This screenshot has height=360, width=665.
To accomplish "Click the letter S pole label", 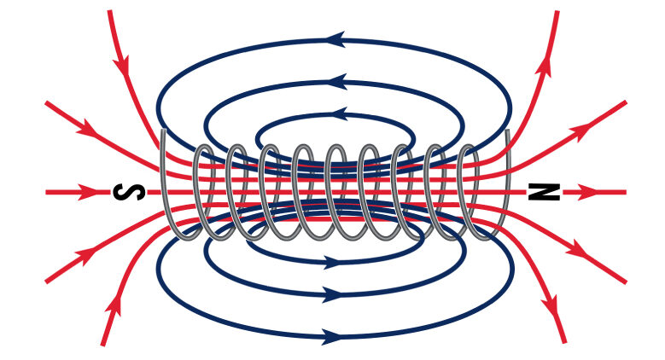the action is pyautogui.click(x=129, y=193).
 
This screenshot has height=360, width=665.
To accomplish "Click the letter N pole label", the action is pyautogui.click(x=544, y=192).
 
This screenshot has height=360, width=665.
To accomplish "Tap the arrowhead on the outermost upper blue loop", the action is pyautogui.click(x=335, y=39).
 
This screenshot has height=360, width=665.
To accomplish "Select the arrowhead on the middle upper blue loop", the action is pyautogui.click(x=337, y=81).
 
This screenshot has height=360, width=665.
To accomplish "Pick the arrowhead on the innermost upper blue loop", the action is pyautogui.click(x=338, y=114).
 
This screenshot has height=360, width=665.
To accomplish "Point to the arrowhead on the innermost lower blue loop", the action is pyautogui.click(x=333, y=262).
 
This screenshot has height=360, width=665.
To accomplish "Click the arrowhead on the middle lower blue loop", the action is pyautogui.click(x=332, y=293).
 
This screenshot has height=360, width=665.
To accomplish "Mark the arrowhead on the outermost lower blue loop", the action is pyautogui.click(x=332, y=336).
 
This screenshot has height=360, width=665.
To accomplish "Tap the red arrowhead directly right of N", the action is pyautogui.click(x=587, y=192).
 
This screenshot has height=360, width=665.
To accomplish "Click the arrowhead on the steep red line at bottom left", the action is pyautogui.click(x=114, y=306).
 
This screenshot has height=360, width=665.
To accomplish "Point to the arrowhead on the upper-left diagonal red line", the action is pyautogui.click(x=87, y=128).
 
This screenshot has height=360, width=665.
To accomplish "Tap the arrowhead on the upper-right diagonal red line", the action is pyautogui.click(x=585, y=130).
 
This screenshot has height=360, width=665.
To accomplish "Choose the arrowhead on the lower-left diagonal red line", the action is pyautogui.click(x=85, y=255).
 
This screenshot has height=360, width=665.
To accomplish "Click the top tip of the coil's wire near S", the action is pyautogui.click(x=163, y=131).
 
